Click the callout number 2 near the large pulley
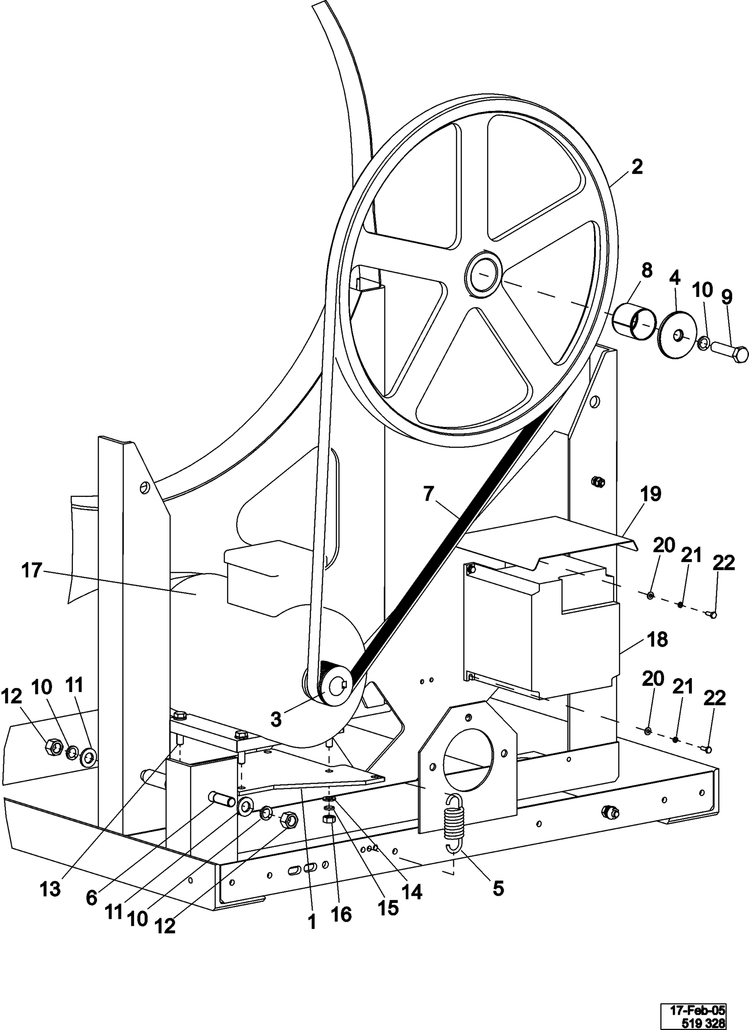(x=637, y=167)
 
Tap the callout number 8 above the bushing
(x=647, y=271)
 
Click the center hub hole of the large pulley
(x=483, y=275)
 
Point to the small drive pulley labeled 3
(x=334, y=685)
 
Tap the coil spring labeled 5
(x=455, y=822)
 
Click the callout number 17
(x=32, y=570)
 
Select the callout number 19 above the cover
(x=651, y=494)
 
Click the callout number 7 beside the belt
(x=428, y=494)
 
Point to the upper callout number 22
(x=723, y=563)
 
